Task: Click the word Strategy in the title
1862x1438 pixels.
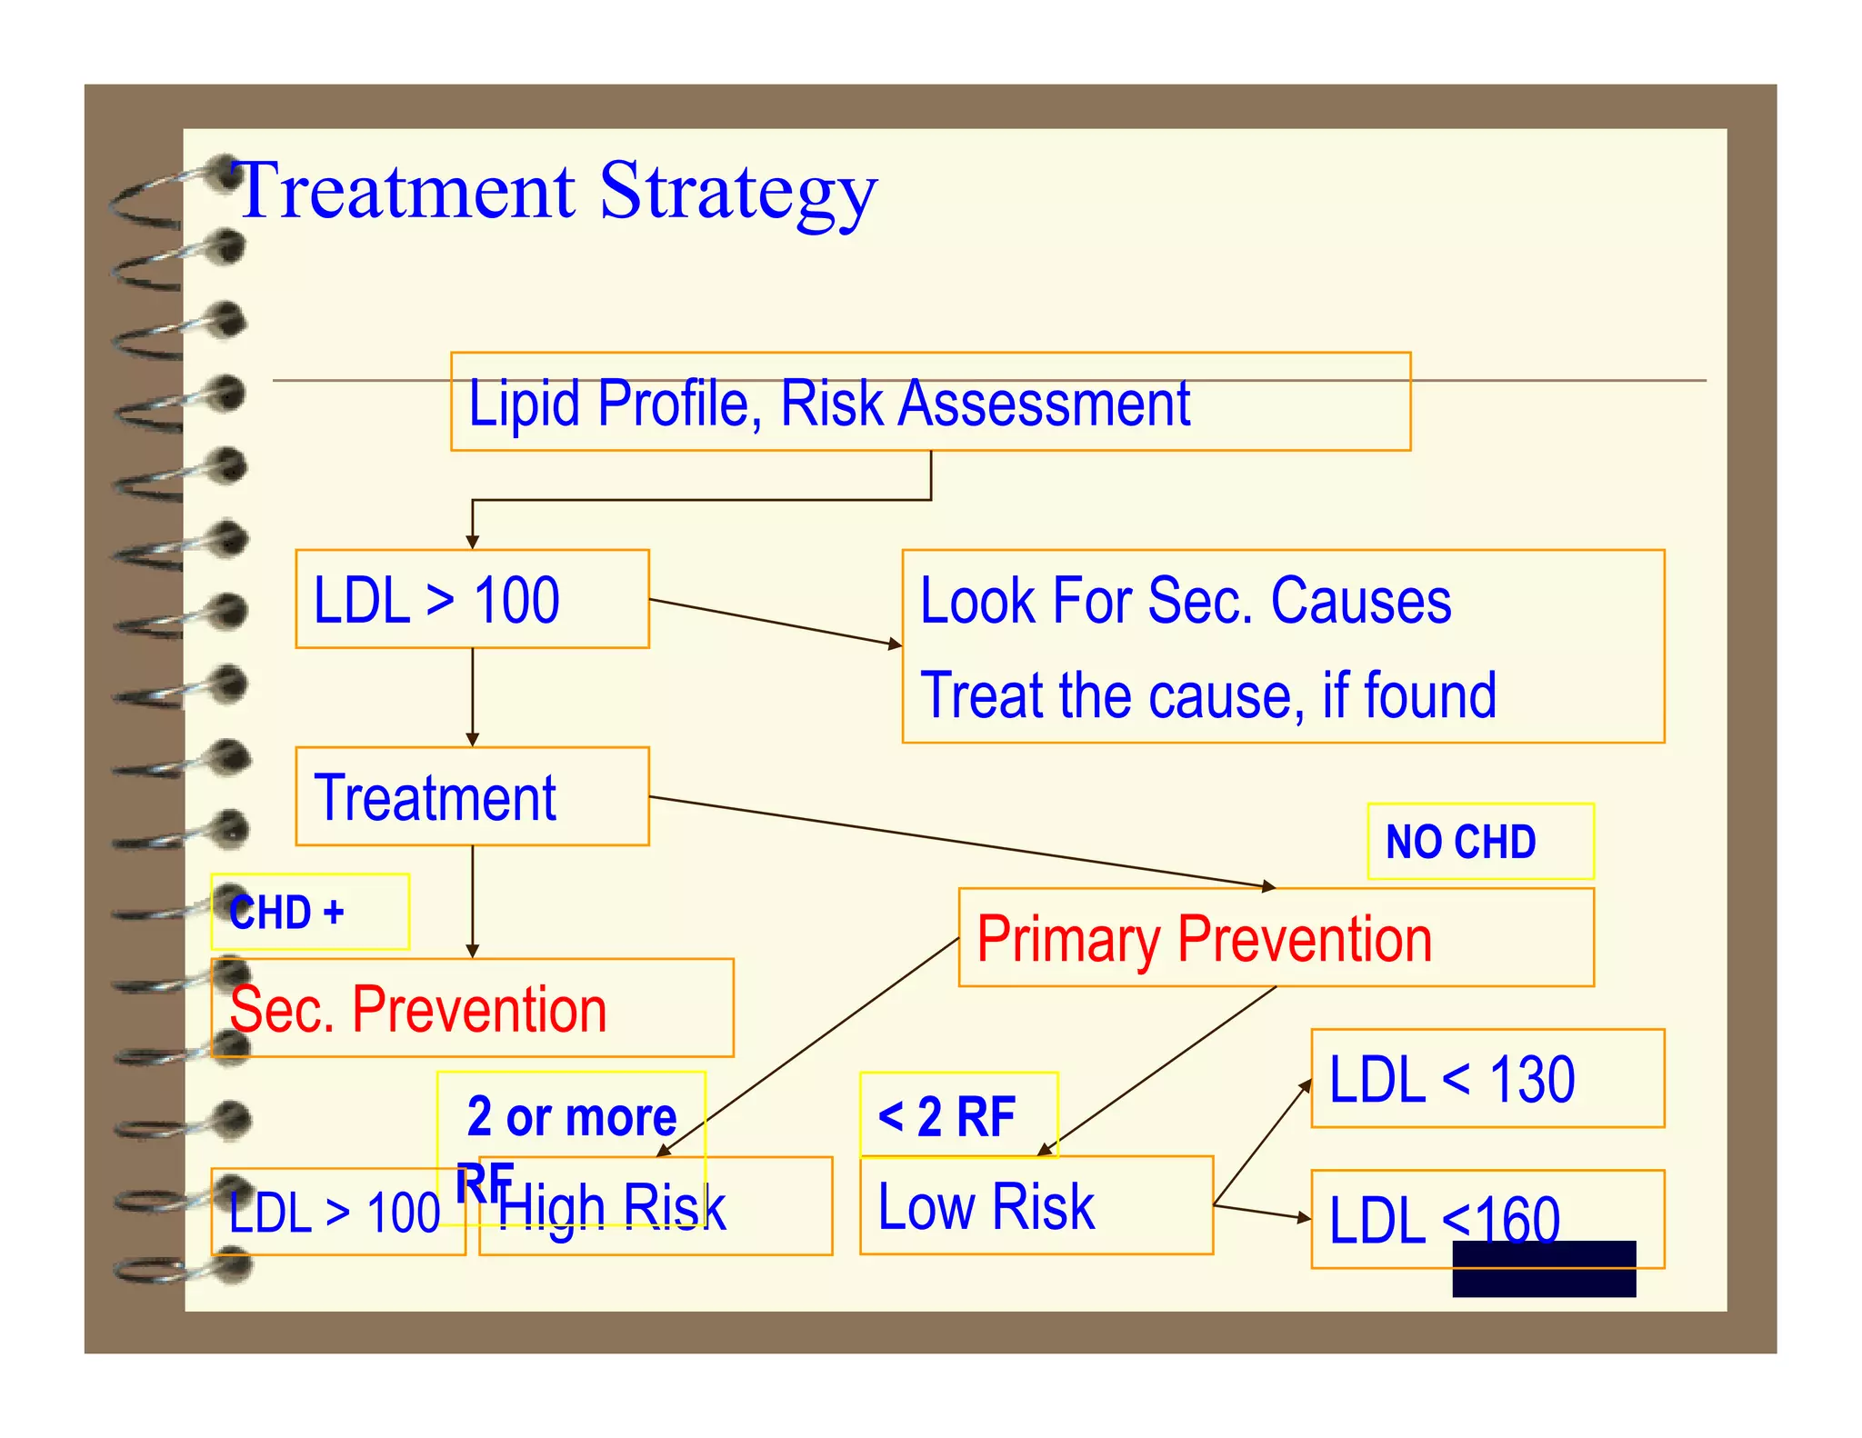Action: [x=737, y=192]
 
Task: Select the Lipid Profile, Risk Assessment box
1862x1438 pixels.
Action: [x=929, y=402]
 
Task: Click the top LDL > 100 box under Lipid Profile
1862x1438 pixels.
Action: [x=472, y=599]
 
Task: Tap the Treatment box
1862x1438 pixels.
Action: [x=472, y=797]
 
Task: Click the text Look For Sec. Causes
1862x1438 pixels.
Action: [x=1185, y=601]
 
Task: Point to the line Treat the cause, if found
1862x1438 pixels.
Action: [x=1207, y=695]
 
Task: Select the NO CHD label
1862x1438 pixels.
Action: [x=1479, y=842]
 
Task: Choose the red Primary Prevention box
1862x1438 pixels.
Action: [x=1275, y=938]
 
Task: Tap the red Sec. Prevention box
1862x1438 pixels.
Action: [x=472, y=1008]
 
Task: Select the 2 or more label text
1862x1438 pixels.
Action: [x=572, y=1116]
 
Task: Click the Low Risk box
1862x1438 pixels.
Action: [x=1036, y=1206]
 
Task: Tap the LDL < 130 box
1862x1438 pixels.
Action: [x=1487, y=1079]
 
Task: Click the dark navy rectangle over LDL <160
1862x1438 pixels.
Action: [x=1543, y=1269]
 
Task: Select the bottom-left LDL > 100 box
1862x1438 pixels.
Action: [x=336, y=1213]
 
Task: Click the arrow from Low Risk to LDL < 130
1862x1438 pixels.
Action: [x=1262, y=1142]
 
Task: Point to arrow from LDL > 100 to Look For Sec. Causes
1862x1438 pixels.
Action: [x=775, y=623]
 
